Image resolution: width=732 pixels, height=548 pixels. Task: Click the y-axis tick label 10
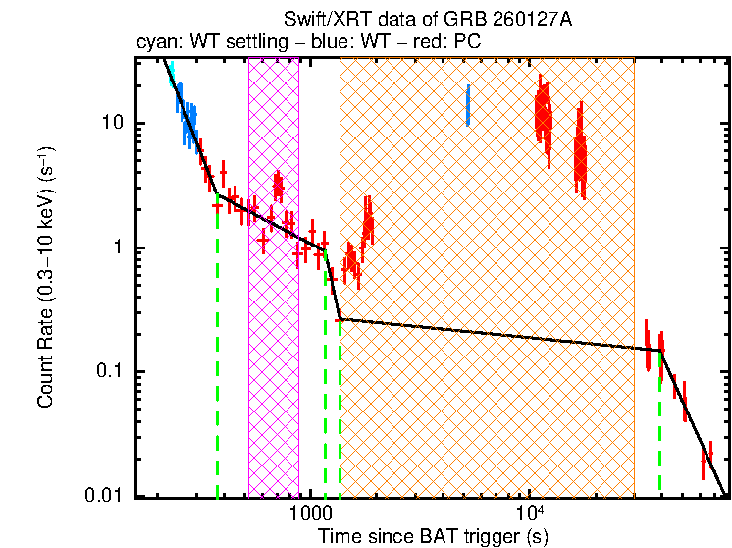115,123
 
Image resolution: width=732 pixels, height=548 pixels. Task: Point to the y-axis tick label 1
120,247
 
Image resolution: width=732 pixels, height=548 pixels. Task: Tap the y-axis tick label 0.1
111,371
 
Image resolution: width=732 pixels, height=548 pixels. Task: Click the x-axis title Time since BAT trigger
433,536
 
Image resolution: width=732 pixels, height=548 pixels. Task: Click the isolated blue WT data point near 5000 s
468,105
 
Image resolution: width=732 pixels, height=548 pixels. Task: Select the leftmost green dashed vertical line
217,344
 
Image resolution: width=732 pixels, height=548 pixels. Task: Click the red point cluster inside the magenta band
279,186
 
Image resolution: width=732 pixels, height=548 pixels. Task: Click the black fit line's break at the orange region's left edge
340,319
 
